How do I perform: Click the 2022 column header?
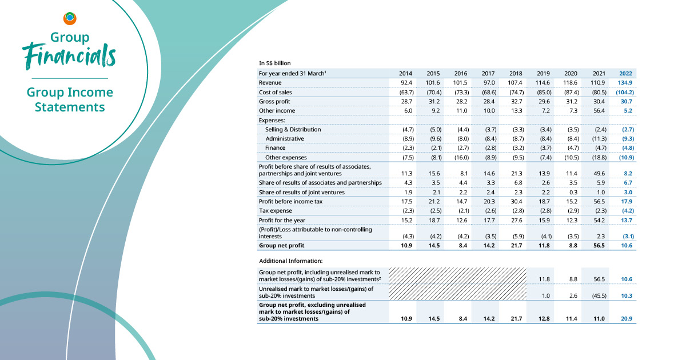click(626, 73)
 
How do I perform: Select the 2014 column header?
click(405, 73)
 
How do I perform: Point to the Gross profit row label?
click(275, 101)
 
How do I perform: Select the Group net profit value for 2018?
click(515, 246)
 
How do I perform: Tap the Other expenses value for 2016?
click(460, 157)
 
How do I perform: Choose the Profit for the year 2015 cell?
click(433, 219)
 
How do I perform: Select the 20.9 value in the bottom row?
click(626, 319)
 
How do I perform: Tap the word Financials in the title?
click(69, 56)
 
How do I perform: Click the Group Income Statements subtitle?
click(70, 99)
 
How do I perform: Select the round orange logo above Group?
click(70, 18)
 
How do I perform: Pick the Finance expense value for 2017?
click(488, 147)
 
